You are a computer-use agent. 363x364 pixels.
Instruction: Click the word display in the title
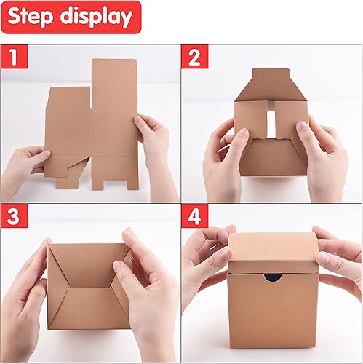(x=96, y=17)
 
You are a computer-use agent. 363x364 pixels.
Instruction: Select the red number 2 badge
(x=194, y=57)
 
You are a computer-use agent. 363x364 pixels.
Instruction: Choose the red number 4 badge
(x=194, y=217)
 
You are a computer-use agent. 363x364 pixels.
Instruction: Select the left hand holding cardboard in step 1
(x=22, y=171)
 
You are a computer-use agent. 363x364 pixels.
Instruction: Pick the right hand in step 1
(x=156, y=146)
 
